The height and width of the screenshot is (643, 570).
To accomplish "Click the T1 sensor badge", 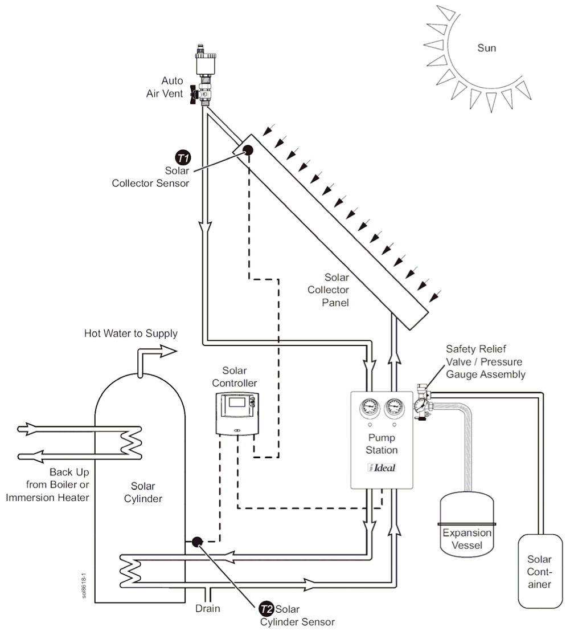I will pyautogui.click(x=182, y=158).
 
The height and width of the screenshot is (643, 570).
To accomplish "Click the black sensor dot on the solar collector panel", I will pyautogui.click(x=248, y=150).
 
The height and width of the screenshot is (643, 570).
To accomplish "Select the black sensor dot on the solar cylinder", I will pyautogui.click(x=196, y=542).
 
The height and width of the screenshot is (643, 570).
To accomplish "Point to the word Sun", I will pyautogui.click(x=486, y=48).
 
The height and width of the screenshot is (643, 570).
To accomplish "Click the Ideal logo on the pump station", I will pyautogui.click(x=381, y=468).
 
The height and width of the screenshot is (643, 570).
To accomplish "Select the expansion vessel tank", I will pyautogui.click(x=466, y=524).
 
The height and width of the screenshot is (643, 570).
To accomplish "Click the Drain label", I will pyautogui.click(x=207, y=608).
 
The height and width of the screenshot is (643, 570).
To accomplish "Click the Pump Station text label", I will pyautogui.click(x=382, y=444).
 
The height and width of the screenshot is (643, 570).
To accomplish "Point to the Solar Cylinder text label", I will pyautogui.click(x=146, y=493).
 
